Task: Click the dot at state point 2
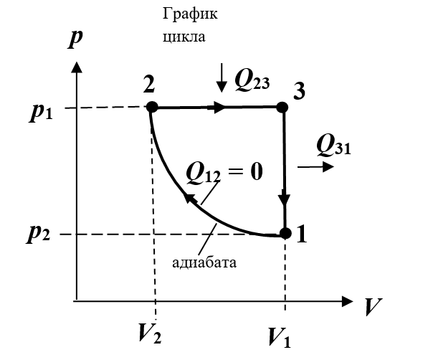coord(152,107)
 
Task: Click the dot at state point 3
coord(282,108)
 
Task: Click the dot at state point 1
coord(285,233)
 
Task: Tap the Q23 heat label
coord(252,80)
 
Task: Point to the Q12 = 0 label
coord(224,172)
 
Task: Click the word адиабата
coord(204,262)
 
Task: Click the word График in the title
coord(190,14)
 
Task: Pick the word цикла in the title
coord(184,37)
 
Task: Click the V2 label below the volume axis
coord(150,333)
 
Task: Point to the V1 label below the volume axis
coord(280,337)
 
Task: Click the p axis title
coord(75,38)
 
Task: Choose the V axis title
coord(373,307)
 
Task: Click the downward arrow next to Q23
coord(222,77)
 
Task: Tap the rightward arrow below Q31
coord(315,166)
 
